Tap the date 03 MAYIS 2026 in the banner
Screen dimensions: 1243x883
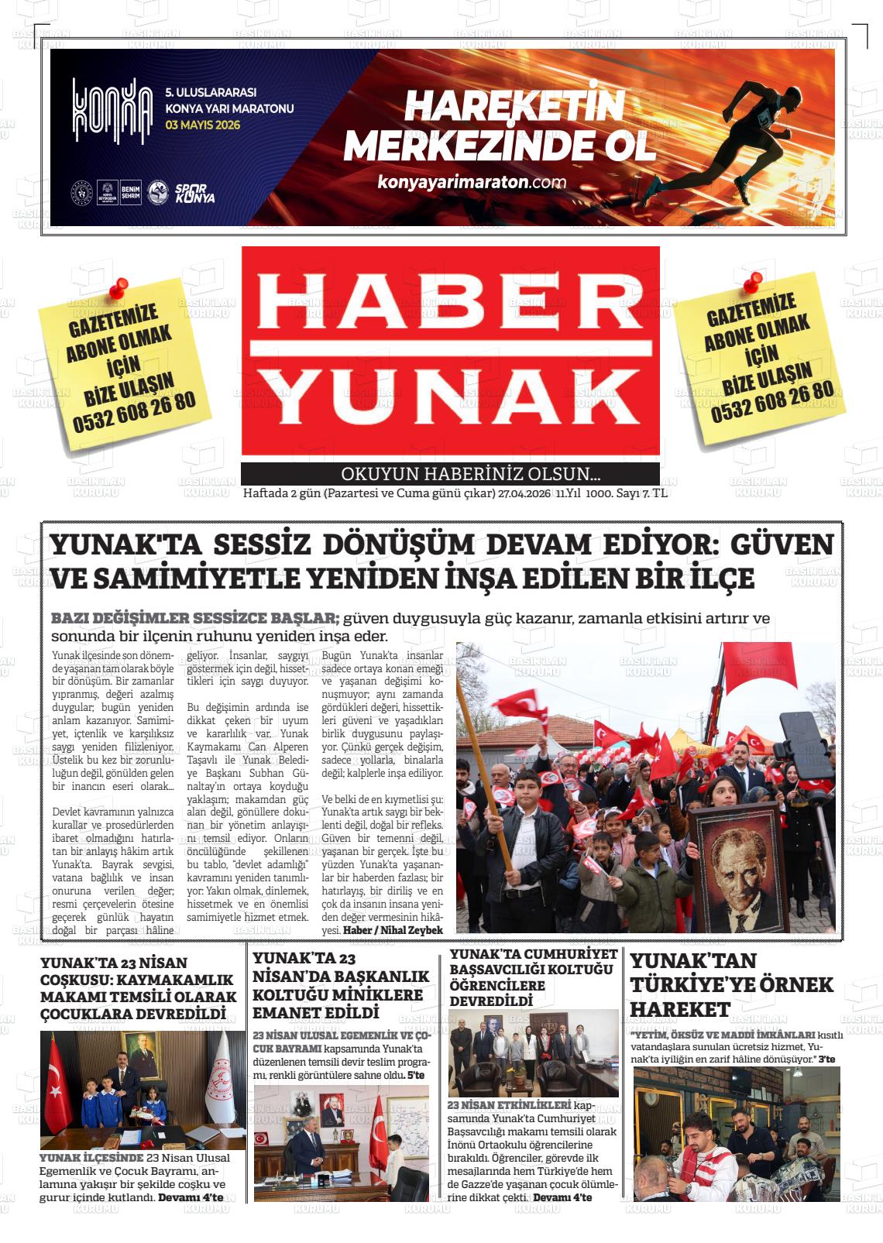click(203, 125)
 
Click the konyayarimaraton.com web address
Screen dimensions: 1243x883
click(472, 183)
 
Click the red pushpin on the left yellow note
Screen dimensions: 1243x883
click(118, 289)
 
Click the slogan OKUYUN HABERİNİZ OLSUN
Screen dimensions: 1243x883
click(471, 475)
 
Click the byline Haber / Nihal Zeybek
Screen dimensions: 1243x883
click(393, 930)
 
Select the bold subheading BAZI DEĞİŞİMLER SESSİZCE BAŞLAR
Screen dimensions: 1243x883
click(195, 619)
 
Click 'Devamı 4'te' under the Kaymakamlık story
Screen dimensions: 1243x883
click(191, 1197)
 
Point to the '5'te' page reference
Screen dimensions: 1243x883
click(416, 1076)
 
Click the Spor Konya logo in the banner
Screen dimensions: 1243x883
click(194, 193)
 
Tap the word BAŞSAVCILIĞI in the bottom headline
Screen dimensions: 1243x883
click(500, 970)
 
